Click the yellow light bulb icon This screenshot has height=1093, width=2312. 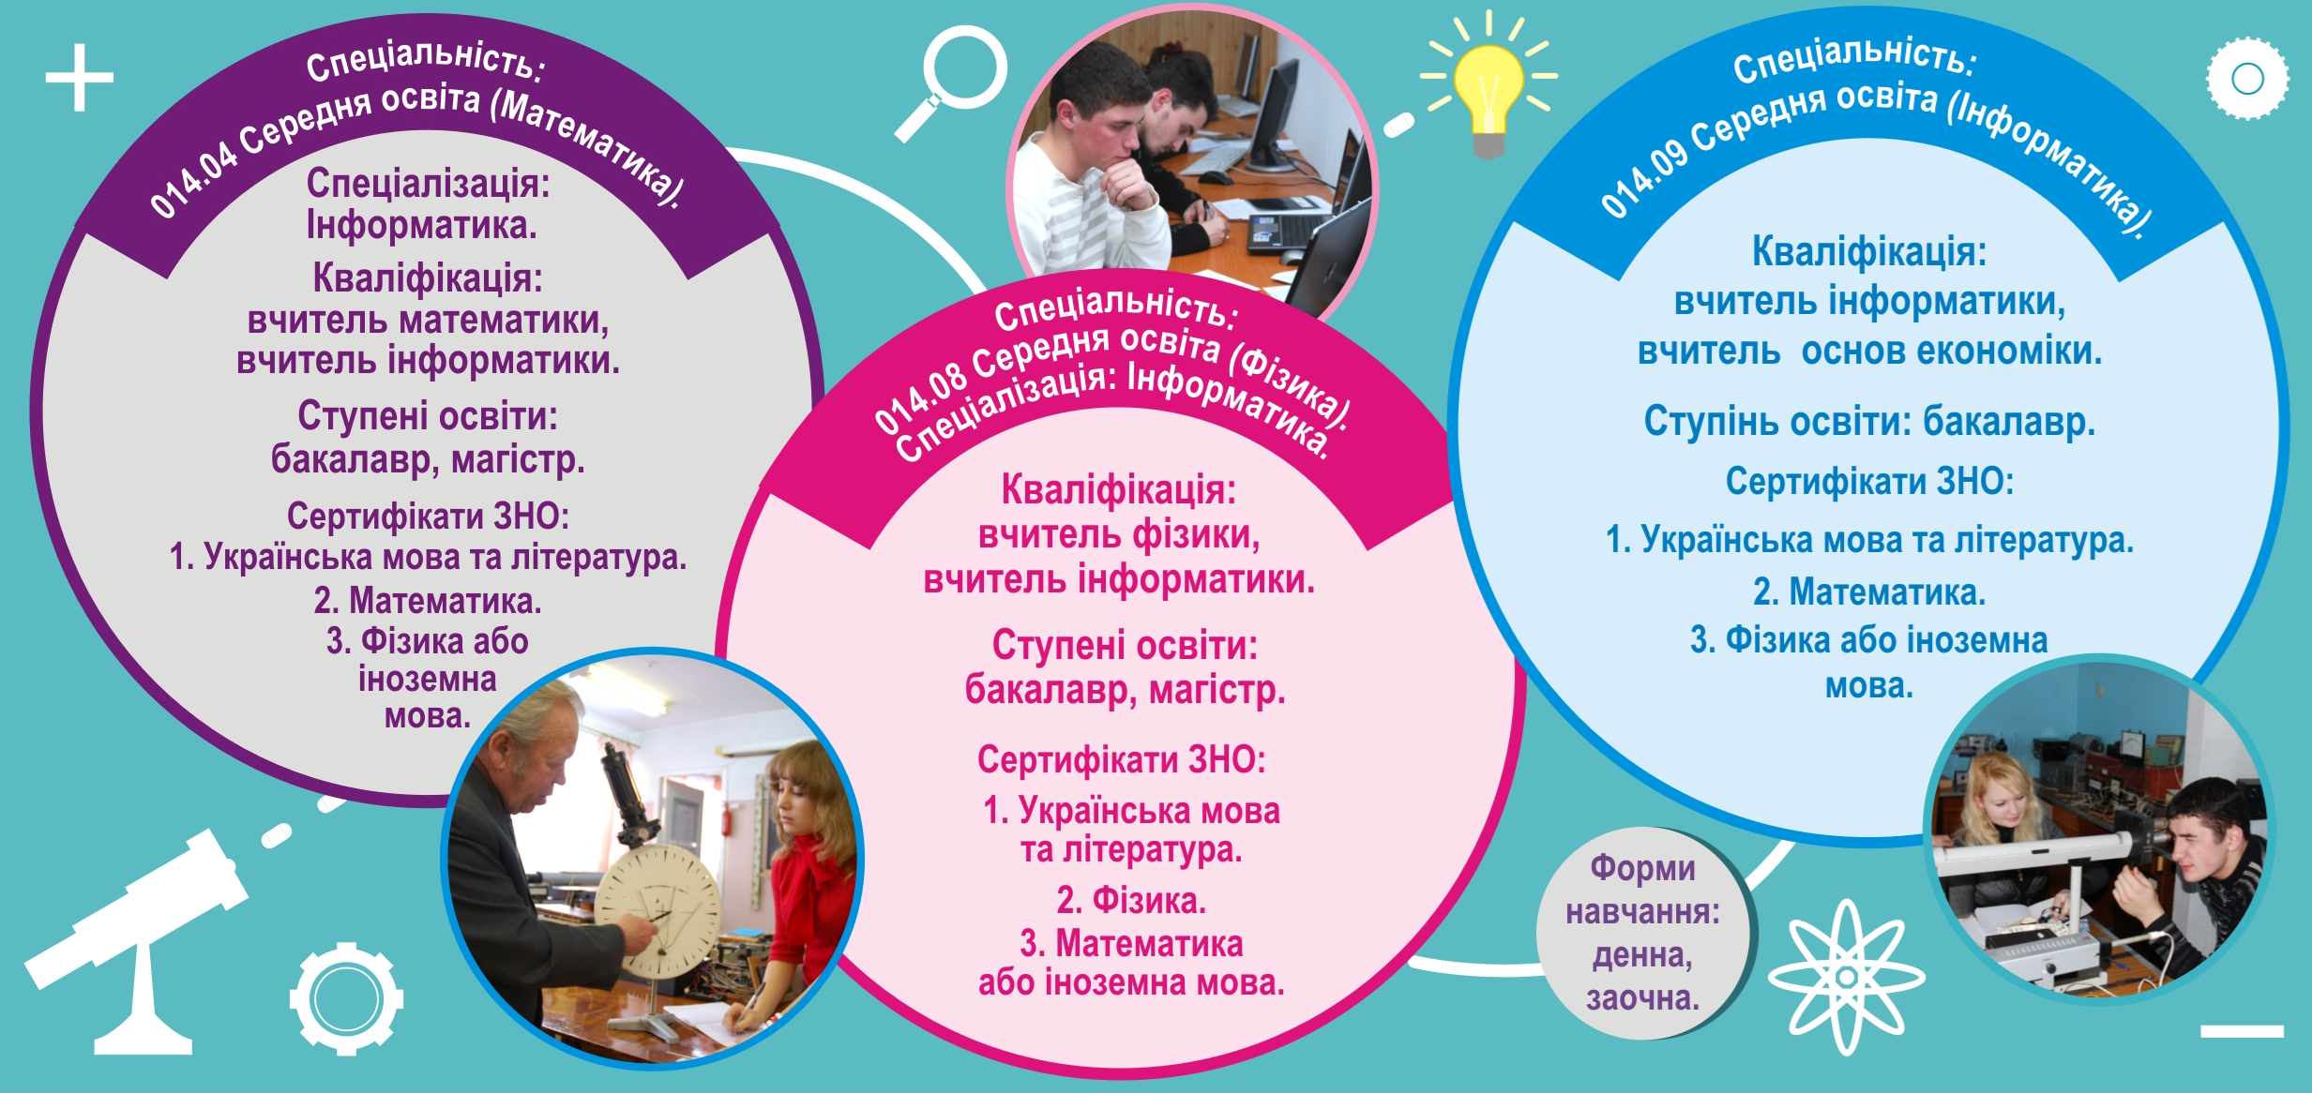click(1488, 89)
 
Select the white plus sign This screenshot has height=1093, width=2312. click(80, 78)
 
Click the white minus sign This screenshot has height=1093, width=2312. click(2242, 1031)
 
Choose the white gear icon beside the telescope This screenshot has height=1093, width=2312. click(346, 998)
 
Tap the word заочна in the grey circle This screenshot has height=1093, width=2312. click(1642, 998)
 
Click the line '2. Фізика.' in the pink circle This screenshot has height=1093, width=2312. click(1131, 901)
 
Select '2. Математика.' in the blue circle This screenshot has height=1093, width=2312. click(1869, 592)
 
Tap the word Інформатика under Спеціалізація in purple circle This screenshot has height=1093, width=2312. click(422, 225)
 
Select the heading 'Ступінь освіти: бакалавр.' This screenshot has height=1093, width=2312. click(1869, 422)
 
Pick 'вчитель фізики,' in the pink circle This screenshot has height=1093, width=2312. click(1119, 535)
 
